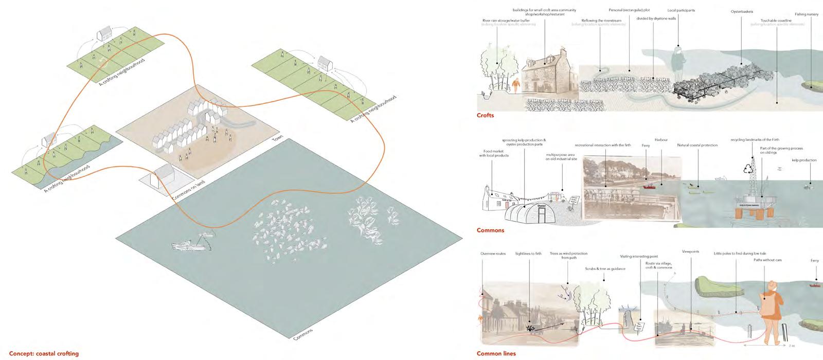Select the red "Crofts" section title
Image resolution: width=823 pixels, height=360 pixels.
click(485, 116)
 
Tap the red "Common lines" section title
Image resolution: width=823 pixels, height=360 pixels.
click(496, 354)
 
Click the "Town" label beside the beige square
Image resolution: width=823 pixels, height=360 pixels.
click(277, 141)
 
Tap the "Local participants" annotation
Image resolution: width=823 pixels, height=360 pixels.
click(681, 10)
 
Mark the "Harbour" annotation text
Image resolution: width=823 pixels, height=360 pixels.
click(661, 140)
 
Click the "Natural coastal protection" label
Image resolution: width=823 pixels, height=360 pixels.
click(697, 146)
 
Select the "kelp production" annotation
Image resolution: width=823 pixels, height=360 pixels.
click(804, 160)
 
